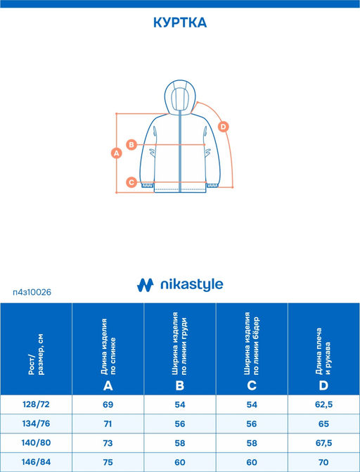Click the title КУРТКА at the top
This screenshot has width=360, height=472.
[180, 23]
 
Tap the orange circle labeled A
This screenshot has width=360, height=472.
[117, 153]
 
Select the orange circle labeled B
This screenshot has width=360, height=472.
[131, 144]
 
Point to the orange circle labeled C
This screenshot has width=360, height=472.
[131, 182]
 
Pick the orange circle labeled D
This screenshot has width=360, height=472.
[223, 127]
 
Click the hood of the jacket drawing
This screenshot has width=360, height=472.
[180, 97]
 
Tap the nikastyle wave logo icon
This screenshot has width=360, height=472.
[145, 285]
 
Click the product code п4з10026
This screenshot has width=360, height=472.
[32, 292]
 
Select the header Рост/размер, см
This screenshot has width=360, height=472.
[36, 355]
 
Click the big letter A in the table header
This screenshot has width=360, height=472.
[108, 385]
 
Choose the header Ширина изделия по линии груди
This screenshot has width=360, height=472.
[180, 343]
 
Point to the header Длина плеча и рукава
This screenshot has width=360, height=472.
[323, 351]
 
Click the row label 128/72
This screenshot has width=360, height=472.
[36, 404]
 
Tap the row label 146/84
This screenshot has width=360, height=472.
[36, 461]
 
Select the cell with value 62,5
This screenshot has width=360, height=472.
[324, 404]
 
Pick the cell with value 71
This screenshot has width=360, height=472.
[108, 424]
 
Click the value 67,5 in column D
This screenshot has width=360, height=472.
[324, 443]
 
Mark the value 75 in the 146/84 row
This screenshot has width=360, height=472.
[108, 462]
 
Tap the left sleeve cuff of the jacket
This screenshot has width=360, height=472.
[148, 186]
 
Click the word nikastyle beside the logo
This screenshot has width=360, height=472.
[192, 285]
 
